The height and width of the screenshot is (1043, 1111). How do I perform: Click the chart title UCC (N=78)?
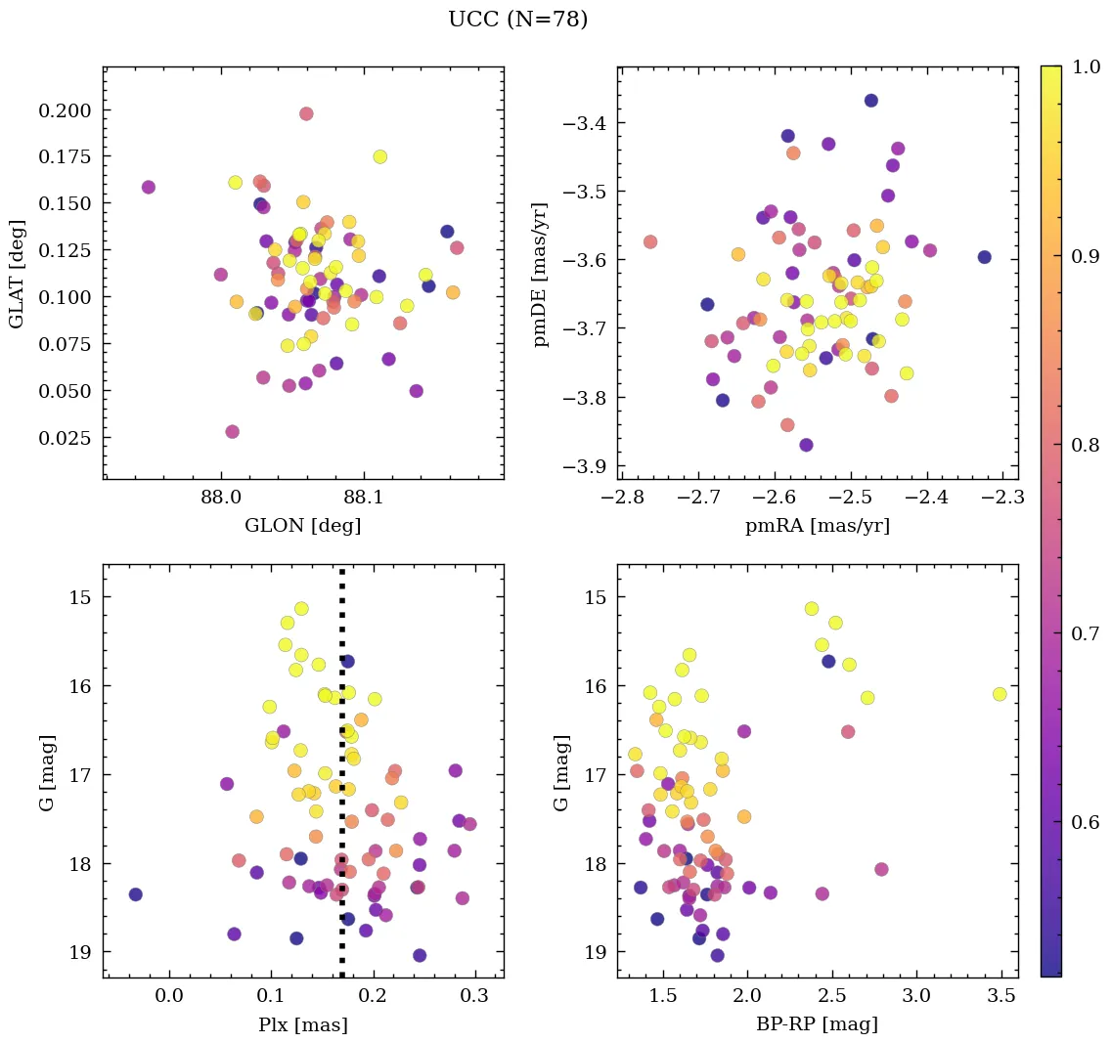[517, 20]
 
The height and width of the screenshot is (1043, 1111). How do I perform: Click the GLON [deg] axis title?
[302, 526]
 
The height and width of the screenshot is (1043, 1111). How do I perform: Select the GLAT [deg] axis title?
[17, 273]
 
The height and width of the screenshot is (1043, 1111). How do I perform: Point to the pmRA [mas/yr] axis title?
[818, 526]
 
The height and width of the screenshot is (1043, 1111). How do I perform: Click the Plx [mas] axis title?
[302, 1024]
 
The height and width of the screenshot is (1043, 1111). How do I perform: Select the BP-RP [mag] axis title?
[818, 1024]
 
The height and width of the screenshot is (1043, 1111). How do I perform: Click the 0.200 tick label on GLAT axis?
[65, 110]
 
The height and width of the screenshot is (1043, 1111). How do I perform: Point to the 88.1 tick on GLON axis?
[363, 498]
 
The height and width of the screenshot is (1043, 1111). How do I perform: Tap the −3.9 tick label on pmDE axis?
[584, 466]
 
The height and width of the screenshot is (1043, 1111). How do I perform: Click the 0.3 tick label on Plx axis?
[475, 996]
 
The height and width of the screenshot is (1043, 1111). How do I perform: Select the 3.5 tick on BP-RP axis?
[1000, 996]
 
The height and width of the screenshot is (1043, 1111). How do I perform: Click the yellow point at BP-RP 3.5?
[1000, 694]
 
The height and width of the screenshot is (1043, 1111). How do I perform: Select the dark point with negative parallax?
[135, 894]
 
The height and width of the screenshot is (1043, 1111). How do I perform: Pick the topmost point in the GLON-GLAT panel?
[306, 113]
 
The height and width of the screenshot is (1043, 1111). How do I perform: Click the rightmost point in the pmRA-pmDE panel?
[984, 257]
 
